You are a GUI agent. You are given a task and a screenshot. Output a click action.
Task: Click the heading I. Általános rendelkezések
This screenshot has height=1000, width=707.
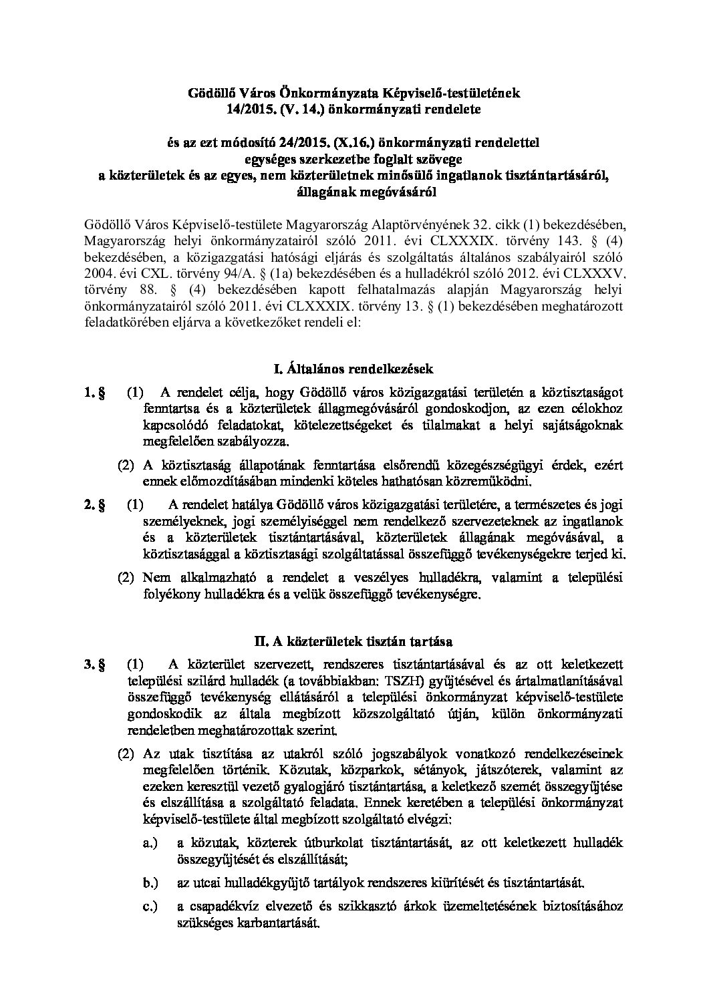(x=353, y=368)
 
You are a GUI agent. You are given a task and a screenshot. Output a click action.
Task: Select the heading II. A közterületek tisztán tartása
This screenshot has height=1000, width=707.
(x=353, y=641)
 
